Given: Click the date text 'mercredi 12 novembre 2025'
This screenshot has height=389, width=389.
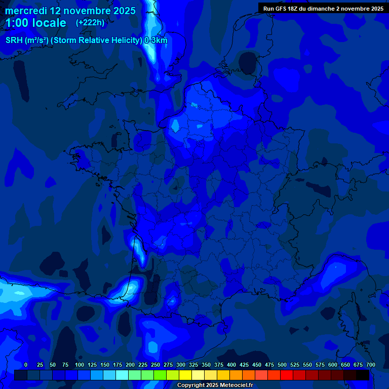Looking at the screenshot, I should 70,11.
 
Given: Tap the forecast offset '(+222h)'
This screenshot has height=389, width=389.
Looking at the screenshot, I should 90,23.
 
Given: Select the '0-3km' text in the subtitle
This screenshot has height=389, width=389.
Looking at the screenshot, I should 156,41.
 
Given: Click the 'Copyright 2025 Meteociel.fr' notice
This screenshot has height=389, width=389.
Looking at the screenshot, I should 215,385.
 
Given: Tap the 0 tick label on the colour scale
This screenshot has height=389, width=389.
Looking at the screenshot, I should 26,365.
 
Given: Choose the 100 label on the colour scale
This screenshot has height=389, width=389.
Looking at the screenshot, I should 80,365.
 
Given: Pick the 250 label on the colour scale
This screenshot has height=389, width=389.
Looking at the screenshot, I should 155,365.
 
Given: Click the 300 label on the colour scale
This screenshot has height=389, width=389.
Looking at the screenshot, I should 181,365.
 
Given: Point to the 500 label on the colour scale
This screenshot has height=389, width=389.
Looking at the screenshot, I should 282,365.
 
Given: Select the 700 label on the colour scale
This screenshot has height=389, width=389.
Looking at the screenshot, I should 371,365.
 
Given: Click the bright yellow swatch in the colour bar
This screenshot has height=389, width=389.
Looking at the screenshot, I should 185,375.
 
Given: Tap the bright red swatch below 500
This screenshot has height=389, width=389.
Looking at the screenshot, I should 287,375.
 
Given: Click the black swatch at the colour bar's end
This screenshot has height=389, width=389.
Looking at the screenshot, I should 363,375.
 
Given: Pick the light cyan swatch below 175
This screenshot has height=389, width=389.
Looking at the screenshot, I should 122,375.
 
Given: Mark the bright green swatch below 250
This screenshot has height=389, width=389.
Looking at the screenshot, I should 160,375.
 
